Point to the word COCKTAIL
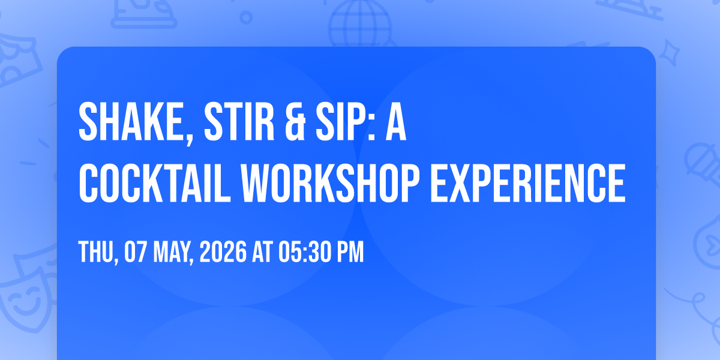point(155,183)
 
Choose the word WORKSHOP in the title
point(331,183)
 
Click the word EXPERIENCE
point(528,183)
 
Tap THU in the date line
point(97,252)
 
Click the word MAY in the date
point(173,252)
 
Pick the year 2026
point(223,252)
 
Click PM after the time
point(350,252)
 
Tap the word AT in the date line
point(263,252)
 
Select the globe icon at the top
point(360,24)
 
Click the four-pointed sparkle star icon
point(669,53)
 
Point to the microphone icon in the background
point(703,163)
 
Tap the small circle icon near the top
point(246,17)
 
